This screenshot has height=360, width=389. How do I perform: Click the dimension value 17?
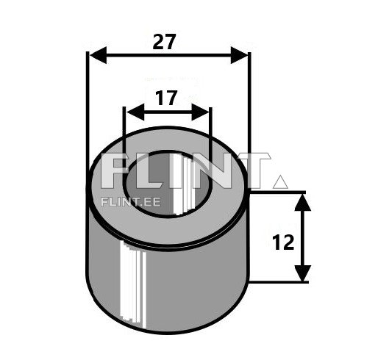168,98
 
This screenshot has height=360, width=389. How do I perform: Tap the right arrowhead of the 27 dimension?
240,55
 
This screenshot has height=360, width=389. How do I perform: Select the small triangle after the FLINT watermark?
279,180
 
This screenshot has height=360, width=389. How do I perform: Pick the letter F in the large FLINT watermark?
114,172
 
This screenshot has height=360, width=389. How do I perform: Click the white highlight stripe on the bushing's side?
130,283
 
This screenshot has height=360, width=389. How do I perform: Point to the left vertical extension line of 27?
88,110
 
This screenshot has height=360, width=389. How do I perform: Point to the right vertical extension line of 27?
250,110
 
